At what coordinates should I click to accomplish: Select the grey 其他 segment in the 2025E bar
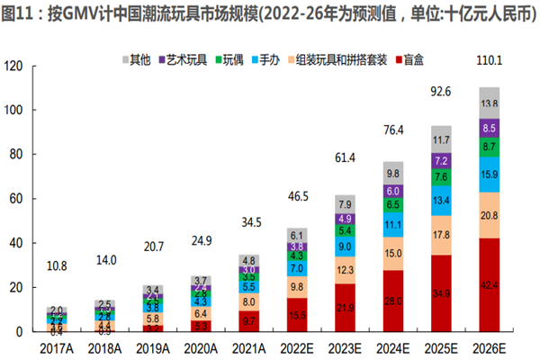pos(442,139)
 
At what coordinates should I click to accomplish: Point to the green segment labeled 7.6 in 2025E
pos(442,176)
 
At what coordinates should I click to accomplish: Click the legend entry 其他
pos(134,59)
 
